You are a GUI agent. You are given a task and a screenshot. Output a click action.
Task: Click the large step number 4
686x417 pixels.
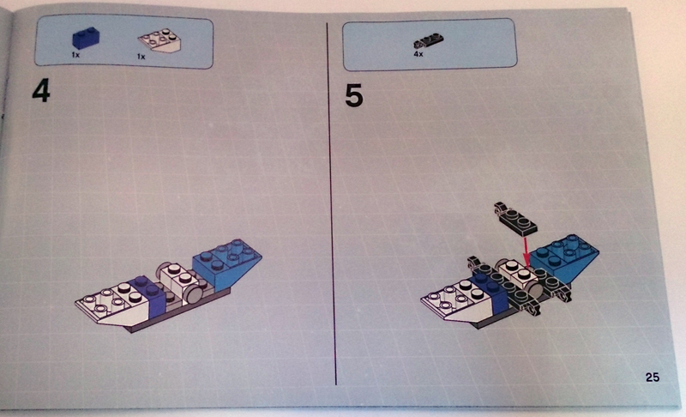(x=41, y=92)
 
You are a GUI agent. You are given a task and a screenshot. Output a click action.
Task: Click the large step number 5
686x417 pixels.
(x=354, y=96)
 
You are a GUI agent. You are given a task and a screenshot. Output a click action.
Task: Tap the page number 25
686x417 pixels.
(x=652, y=377)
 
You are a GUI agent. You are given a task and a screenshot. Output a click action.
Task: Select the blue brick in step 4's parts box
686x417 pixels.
(x=86, y=38)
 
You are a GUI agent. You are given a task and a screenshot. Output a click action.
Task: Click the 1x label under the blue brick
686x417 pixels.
(x=75, y=55)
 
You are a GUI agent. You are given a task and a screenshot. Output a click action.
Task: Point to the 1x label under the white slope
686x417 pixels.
(x=141, y=57)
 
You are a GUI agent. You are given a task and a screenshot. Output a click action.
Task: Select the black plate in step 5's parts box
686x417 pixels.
(x=428, y=41)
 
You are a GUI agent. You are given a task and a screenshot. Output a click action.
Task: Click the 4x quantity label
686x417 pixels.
(x=418, y=54)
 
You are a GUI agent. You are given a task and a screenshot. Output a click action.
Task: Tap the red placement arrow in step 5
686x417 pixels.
(x=527, y=250)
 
